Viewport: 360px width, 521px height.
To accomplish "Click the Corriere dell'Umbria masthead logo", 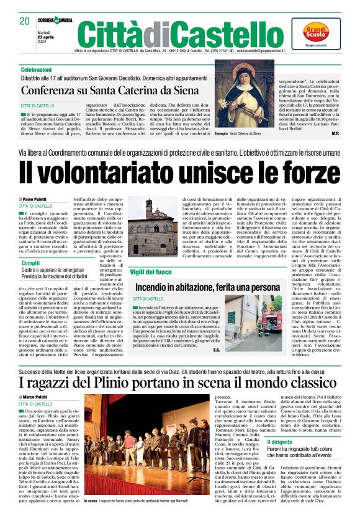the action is click(54, 20).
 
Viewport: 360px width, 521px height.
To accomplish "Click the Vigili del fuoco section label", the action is click(151, 272).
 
